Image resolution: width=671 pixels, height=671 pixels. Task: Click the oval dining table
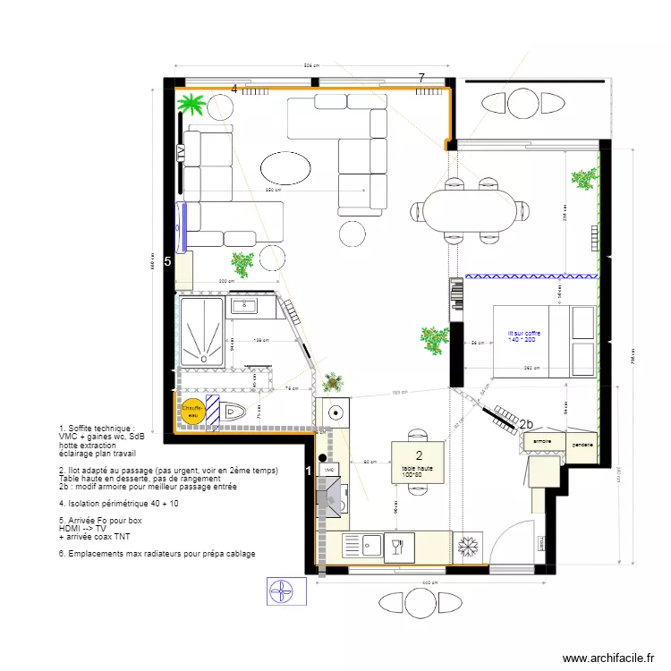[x=470, y=211]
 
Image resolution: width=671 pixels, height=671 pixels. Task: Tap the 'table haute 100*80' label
[x=418, y=471]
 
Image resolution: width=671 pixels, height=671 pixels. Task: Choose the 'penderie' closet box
[x=582, y=442]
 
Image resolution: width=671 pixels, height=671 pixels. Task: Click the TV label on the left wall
[x=181, y=153]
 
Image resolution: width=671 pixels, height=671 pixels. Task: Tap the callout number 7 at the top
[x=421, y=79]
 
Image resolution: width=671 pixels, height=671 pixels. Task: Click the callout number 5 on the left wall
[x=167, y=261]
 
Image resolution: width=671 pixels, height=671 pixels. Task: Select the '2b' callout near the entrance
[x=527, y=425]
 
